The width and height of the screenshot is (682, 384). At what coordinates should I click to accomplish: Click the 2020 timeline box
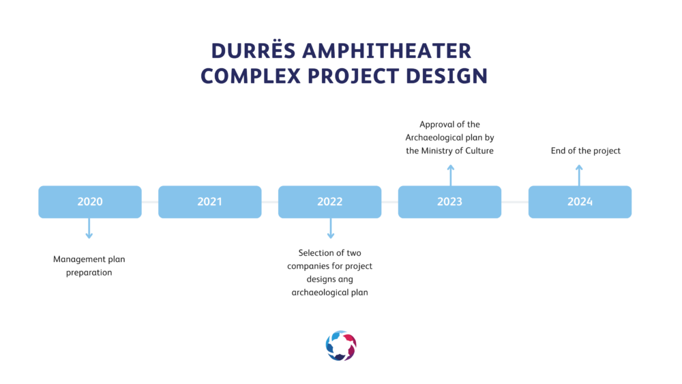(x=90, y=202)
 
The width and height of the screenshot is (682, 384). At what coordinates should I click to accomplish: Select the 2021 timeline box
(x=209, y=202)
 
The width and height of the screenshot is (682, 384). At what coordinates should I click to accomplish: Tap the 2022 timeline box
(x=329, y=202)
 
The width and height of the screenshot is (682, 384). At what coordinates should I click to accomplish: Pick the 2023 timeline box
(x=449, y=202)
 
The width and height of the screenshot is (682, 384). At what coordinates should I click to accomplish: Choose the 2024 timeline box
(x=580, y=202)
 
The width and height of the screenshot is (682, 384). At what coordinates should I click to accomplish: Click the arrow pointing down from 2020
(x=89, y=228)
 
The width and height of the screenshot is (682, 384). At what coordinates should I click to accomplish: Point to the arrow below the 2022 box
(x=331, y=228)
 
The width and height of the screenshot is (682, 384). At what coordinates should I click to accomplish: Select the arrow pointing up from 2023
(x=451, y=175)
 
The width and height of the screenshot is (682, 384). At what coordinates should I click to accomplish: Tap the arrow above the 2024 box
(x=579, y=175)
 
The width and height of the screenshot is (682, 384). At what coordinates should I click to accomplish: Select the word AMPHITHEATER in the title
(x=387, y=51)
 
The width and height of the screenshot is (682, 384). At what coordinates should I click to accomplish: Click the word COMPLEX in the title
(x=250, y=76)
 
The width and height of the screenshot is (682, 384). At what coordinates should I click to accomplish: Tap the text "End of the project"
(x=585, y=151)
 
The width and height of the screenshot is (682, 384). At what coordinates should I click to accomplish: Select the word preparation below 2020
(x=89, y=273)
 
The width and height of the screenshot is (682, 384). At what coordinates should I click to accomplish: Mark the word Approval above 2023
(x=436, y=125)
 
